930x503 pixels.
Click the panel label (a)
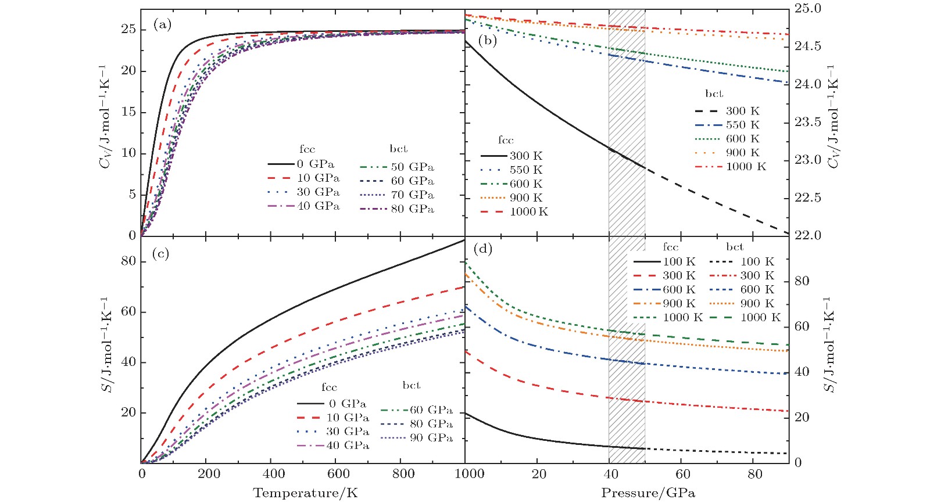pos(162,24)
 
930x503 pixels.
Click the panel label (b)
pos(487,40)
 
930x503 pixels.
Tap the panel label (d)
pos(482,249)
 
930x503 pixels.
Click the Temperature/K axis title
pos(305,493)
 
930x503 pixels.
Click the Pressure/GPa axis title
pos(648,493)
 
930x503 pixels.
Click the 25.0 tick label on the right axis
pos(809,9)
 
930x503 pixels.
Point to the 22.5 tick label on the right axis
pos(809,198)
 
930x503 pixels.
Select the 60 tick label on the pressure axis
pos(683,474)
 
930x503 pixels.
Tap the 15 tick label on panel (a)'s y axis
pos(128,112)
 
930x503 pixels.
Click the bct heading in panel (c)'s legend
pos(411,385)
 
